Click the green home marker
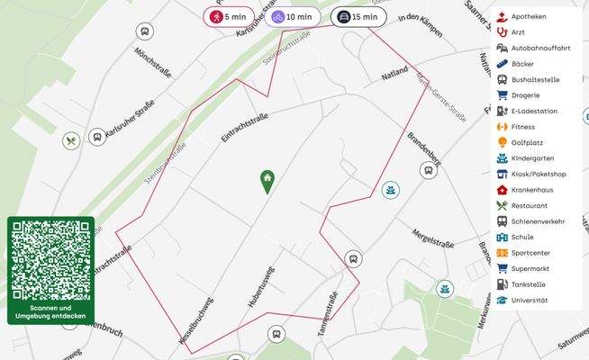267,181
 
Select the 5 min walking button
230,17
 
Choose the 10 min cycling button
292,17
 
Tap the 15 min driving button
358,17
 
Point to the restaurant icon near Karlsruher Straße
71,140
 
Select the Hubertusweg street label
261,288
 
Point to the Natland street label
394,75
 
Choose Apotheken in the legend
528,16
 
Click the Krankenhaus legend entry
531,190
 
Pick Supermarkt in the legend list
530,268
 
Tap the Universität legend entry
529,300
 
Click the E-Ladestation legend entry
533,111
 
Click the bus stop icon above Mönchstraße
144,31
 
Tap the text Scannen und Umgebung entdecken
50,312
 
